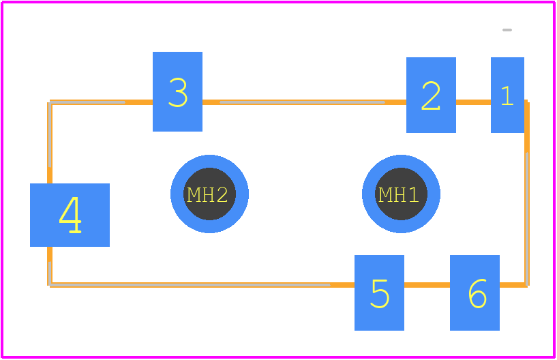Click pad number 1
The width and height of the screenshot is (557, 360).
pos(507,95)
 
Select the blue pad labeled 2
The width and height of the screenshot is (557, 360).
pos(431,95)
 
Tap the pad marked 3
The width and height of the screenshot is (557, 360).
pos(178,91)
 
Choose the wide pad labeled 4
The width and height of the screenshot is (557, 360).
pos(70,215)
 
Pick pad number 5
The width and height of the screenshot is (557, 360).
pos(379,292)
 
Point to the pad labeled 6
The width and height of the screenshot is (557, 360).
pos(475,292)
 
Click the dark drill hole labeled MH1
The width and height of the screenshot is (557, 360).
pos(401,194)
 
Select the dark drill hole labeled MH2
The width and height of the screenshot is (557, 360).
pos(209,194)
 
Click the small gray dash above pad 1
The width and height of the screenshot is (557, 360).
pos(507,30)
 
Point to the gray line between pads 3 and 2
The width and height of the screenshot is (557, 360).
pos(302,102)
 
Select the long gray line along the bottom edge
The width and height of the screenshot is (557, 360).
pos(190,285)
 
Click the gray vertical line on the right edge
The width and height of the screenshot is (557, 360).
pos(527,219)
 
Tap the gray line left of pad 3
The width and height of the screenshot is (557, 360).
pos(87,102)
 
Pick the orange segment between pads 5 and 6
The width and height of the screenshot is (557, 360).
pos(427,285)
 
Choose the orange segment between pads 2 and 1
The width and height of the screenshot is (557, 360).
pos(474,102)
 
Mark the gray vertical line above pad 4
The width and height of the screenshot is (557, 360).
pos(50,135)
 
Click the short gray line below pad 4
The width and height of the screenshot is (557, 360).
pos(50,273)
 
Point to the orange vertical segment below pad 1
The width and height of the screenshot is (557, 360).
pos(527,142)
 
